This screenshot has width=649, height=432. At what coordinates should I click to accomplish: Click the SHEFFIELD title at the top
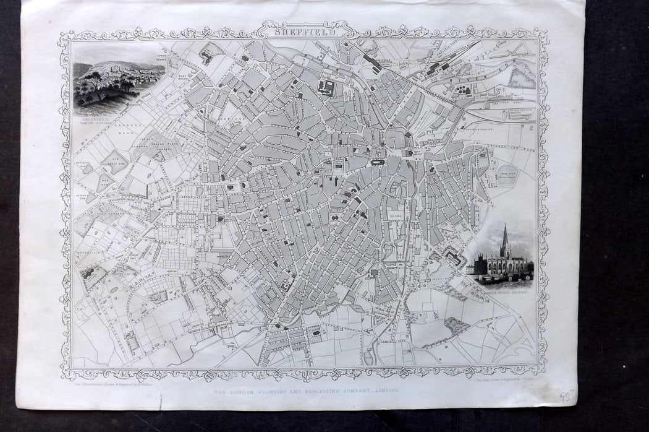(303, 29)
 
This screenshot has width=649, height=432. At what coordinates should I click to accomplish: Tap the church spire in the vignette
(504, 238)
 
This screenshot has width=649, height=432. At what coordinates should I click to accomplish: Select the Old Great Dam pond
(114, 163)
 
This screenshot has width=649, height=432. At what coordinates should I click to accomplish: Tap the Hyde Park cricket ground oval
(509, 175)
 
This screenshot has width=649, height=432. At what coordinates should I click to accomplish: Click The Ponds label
(396, 216)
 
